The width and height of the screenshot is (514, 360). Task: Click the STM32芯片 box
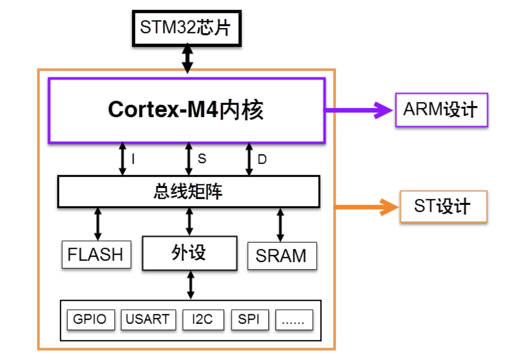point(186,28)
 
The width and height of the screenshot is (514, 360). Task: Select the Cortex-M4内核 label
point(186,110)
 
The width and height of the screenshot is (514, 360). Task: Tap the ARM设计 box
point(441,109)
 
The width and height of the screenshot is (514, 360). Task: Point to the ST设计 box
point(443,207)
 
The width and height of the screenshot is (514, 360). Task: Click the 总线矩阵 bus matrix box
point(188,192)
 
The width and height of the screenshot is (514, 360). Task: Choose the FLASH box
point(96,254)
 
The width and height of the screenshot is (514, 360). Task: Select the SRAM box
point(281,255)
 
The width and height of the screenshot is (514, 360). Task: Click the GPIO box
point(90,319)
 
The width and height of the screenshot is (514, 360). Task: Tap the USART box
point(148,319)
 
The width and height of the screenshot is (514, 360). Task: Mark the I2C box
point(203,319)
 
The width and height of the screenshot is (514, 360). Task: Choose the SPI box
point(249,319)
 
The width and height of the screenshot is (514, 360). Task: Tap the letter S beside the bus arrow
point(202,159)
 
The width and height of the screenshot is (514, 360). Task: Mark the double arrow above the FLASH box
point(98,224)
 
